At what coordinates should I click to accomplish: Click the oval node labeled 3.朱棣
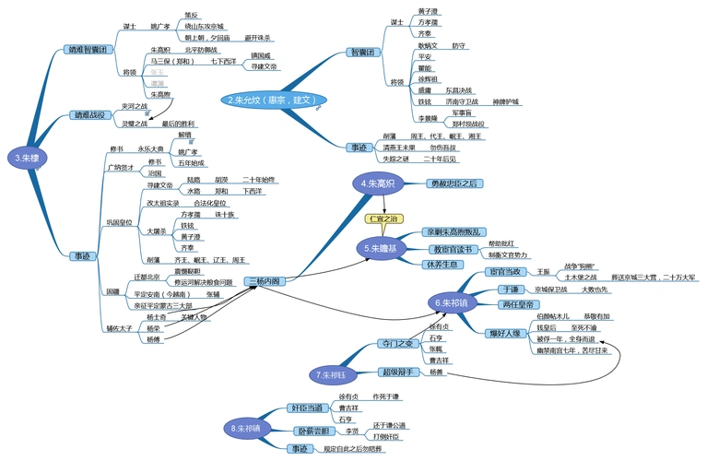pyautogui.click(x=25, y=158)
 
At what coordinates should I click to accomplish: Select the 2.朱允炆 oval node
pyautogui.click(x=275, y=99)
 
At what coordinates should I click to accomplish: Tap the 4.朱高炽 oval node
pyautogui.click(x=379, y=184)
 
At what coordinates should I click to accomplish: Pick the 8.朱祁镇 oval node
pyautogui.click(x=249, y=428)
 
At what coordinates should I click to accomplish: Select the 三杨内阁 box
pyautogui.click(x=264, y=281)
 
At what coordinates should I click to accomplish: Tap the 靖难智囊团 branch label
pyautogui.click(x=88, y=49)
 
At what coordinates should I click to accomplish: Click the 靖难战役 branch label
pyautogui.click(x=92, y=115)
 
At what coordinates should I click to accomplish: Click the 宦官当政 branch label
pyautogui.click(x=505, y=272)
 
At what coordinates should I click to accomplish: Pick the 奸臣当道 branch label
pyautogui.click(x=305, y=407)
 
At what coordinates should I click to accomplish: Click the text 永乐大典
pyautogui.click(x=150, y=148)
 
